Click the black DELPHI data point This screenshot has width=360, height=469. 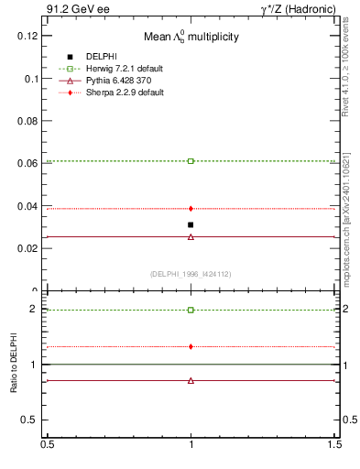coord(191,224)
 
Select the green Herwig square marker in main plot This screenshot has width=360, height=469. coord(191,161)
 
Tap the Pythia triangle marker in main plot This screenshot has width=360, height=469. coord(191,236)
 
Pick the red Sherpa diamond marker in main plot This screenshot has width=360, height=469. coord(191,209)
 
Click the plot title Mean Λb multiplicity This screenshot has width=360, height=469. coord(190,38)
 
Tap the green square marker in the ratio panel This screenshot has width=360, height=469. coord(191,310)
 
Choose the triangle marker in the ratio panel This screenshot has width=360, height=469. coord(191,380)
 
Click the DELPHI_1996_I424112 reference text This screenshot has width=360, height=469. coord(190,274)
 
